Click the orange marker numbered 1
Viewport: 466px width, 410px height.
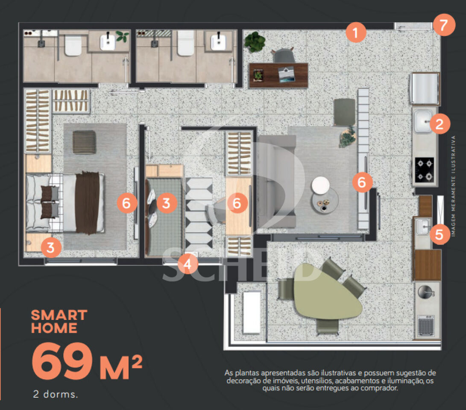(x=356, y=32)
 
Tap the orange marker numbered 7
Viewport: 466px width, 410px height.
(x=444, y=25)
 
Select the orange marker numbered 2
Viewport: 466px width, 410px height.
(x=440, y=124)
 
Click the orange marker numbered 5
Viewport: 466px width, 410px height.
(x=439, y=234)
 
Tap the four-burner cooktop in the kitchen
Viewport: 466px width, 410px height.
(x=425, y=170)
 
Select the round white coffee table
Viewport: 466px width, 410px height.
(x=320, y=185)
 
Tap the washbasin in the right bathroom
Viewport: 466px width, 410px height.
(x=219, y=42)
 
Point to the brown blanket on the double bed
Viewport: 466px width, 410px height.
(x=87, y=202)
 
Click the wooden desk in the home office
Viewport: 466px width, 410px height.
(x=278, y=75)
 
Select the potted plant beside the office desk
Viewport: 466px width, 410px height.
(x=255, y=42)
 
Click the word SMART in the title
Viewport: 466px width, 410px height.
(x=59, y=315)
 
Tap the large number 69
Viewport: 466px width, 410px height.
(x=62, y=361)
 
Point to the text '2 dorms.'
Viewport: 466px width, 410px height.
(x=56, y=394)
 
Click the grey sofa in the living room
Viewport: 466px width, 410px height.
(x=276, y=181)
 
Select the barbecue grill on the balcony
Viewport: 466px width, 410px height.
(x=426, y=327)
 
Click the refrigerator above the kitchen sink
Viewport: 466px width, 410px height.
(x=425, y=88)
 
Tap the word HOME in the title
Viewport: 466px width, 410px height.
(x=54, y=328)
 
